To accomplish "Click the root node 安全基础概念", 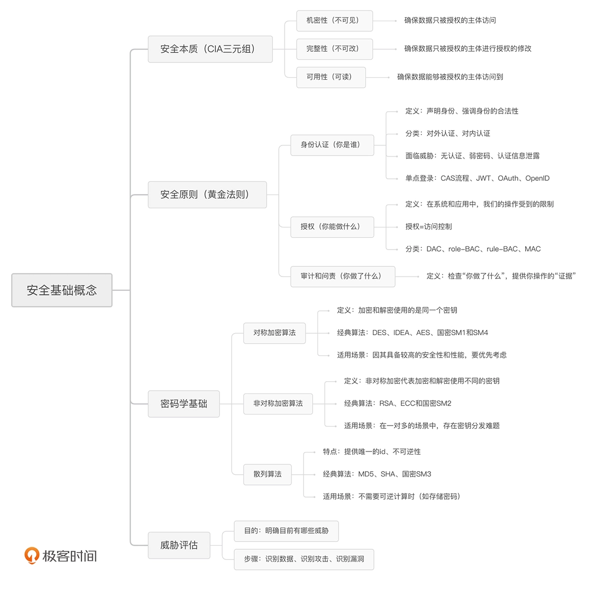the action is pyautogui.click(x=62, y=290).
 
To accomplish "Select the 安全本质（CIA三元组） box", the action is pyautogui.click(x=210, y=49).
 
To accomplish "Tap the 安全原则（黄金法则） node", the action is pyautogui.click(x=207, y=195).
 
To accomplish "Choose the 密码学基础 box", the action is pyautogui.click(x=184, y=404).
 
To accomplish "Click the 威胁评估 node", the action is pyautogui.click(x=179, y=545).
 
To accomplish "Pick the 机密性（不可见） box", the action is pyautogui.click(x=334, y=21).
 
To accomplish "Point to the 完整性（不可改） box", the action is pyautogui.click(x=334, y=49).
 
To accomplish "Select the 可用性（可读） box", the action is pyautogui.click(x=331, y=77).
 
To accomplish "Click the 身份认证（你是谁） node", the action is pyautogui.click(x=332, y=145).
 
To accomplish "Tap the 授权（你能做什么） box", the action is pyautogui.click(x=332, y=227).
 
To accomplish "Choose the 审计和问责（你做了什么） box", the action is pyautogui.click(x=343, y=276).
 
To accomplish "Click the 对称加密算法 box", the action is pyautogui.click(x=274, y=333).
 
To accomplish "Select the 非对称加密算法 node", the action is pyautogui.click(x=278, y=403).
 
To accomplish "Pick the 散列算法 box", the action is pyautogui.click(x=267, y=474).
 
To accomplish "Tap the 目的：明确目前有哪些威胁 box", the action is pyautogui.click(x=286, y=531).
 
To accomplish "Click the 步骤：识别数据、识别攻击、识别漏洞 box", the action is pyautogui.click(x=304, y=559).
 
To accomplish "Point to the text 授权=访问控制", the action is pyautogui.click(x=428, y=227).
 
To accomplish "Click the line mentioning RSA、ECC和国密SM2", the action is pyautogui.click(x=398, y=403).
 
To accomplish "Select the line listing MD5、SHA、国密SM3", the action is pyautogui.click(x=377, y=474).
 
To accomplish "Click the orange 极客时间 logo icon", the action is pyautogui.click(x=32, y=555).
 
